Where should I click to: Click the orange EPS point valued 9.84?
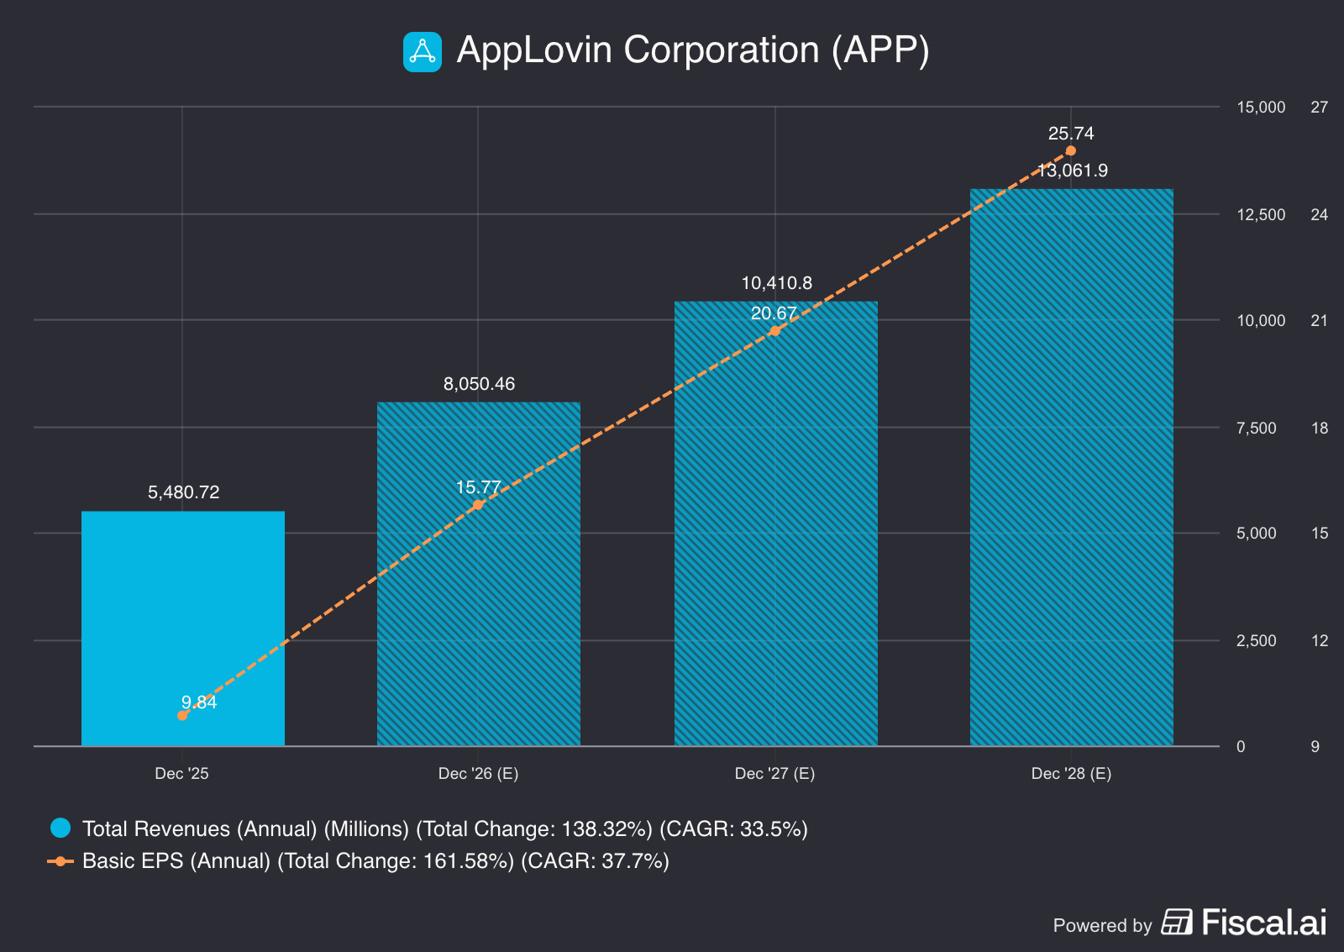[x=182, y=715]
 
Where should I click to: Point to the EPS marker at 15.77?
[x=479, y=505]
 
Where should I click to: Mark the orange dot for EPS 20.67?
[x=775, y=331]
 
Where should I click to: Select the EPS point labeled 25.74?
[x=1071, y=151]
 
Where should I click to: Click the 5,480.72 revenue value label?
[x=183, y=492]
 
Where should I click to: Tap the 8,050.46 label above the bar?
[x=479, y=384]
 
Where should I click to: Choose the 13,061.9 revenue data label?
[x=1073, y=171]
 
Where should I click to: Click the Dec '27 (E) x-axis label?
[x=774, y=773]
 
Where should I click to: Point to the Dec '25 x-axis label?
[x=181, y=773]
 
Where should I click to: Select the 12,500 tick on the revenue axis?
[x=1261, y=214]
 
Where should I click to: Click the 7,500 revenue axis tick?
[x=1256, y=428]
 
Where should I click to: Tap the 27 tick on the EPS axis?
[x=1319, y=107]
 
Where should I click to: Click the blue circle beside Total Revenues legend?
[x=60, y=828]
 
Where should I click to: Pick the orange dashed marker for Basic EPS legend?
[x=60, y=861]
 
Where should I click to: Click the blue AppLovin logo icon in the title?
[x=423, y=52]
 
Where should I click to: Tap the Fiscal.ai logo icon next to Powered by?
[x=1177, y=923]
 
